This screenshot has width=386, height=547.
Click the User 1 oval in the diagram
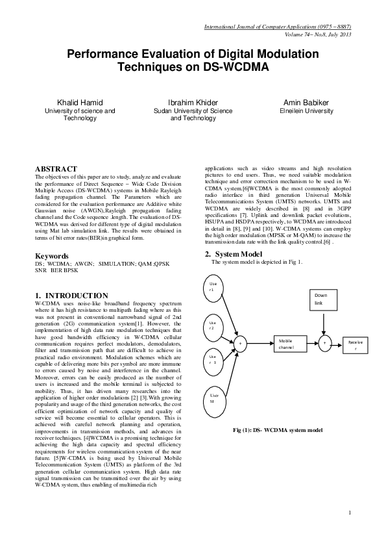[212, 286]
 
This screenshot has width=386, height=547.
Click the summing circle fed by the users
[241, 342]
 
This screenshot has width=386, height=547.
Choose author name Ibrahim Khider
[193, 103]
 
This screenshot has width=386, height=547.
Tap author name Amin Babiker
[307, 103]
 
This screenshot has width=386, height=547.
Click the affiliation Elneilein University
[307, 111]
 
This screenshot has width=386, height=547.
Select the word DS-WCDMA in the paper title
[237, 66]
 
